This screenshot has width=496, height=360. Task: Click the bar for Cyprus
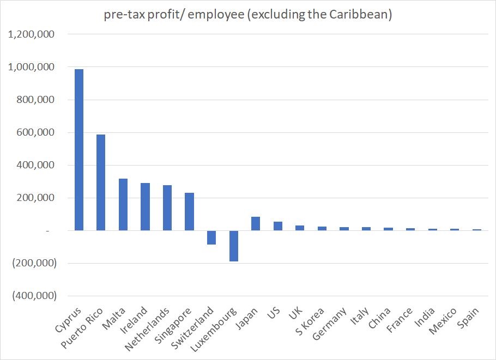[x=79, y=150]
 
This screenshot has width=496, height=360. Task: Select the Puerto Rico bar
[x=101, y=182]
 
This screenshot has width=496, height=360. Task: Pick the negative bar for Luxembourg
[x=234, y=246]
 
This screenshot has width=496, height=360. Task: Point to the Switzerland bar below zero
[x=211, y=237]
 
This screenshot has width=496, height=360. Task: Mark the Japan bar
[x=256, y=223]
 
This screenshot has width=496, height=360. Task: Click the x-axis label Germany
[x=330, y=323]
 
